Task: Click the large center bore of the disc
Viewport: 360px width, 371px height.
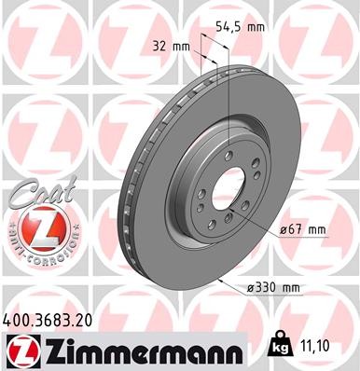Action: pyautogui.click(x=228, y=193)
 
